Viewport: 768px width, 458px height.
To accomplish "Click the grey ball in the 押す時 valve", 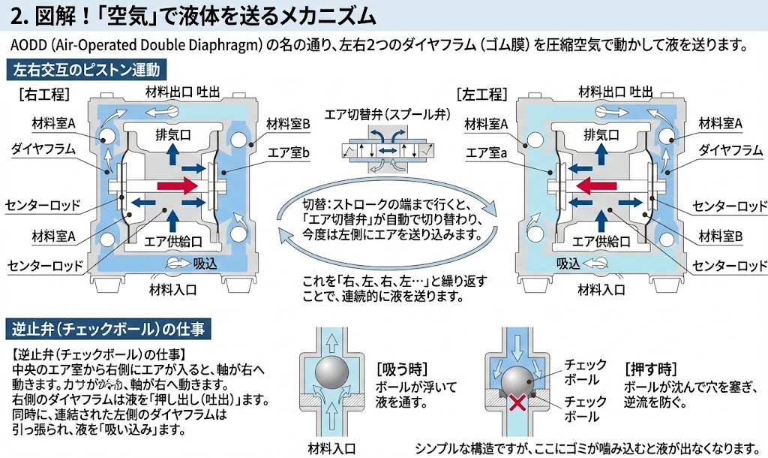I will pyautogui.click(x=516, y=380).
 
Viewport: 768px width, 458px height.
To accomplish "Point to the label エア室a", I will pyautogui.click(x=487, y=152).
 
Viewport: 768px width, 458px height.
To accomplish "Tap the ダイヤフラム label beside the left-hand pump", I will pyautogui.click(x=43, y=148).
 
